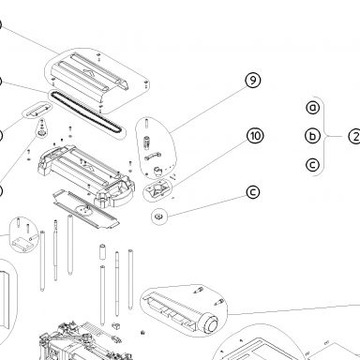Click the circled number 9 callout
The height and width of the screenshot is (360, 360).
[253, 80]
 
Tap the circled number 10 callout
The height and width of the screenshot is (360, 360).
[255, 136]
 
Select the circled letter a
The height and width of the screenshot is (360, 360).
[313, 108]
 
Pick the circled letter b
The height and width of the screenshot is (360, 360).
[312, 136]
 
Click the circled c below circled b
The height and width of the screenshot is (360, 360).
[312, 165]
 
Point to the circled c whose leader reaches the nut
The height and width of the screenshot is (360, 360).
[253, 192]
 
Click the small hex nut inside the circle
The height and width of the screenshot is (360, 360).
[158, 216]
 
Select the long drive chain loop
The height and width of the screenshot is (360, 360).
[86, 114]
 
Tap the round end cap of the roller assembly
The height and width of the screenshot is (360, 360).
[210, 324]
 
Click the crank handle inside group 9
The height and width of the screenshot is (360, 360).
[153, 156]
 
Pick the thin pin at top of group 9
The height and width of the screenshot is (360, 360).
[146, 123]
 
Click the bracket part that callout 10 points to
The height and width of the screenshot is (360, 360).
[157, 188]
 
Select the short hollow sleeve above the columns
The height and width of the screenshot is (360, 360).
[102, 252]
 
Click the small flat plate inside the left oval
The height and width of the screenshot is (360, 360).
[37, 111]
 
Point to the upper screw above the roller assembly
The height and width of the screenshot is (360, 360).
[199, 291]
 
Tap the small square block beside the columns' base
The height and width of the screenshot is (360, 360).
[116, 326]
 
